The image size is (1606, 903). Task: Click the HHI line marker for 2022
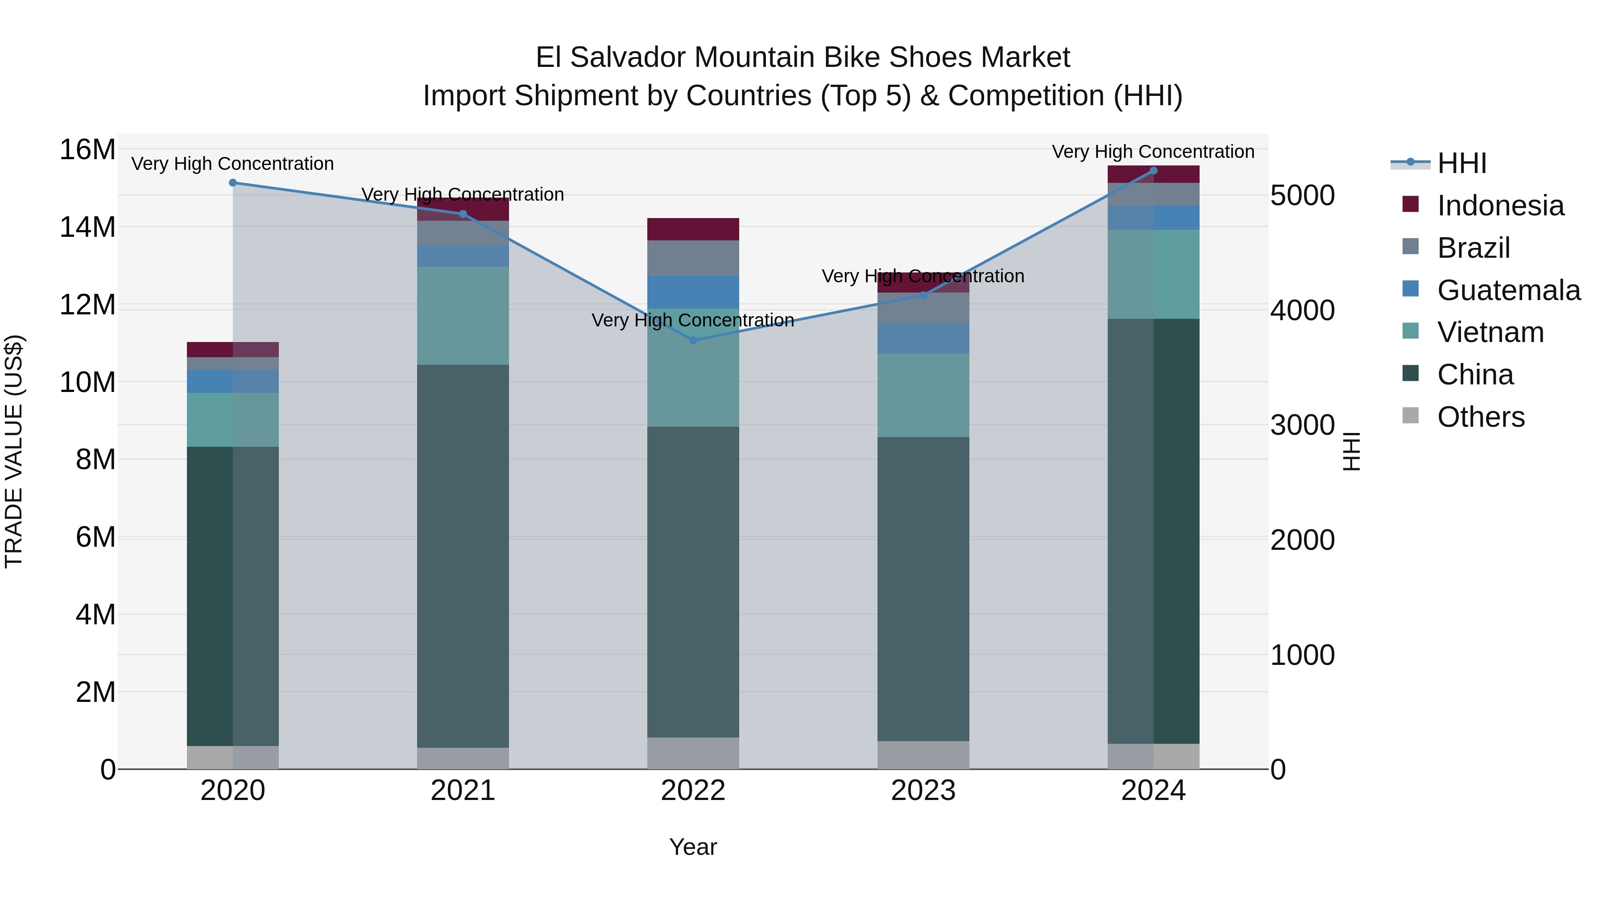pos(693,340)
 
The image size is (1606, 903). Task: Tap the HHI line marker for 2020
pos(232,182)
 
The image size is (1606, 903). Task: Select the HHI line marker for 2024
pos(1153,171)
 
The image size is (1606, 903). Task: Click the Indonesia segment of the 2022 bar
pos(693,229)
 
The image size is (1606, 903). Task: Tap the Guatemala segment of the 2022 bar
pos(693,292)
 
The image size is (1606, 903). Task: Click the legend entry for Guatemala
pos(1508,290)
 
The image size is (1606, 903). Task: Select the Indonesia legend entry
pos(1500,206)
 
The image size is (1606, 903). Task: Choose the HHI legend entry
pos(1461,163)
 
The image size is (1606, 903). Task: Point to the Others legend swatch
pos(1410,416)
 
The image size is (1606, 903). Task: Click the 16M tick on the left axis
pos(87,150)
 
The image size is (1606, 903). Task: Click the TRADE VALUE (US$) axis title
pos(14,451)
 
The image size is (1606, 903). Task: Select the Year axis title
pos(693,847)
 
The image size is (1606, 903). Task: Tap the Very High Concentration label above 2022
pos(693,320)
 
